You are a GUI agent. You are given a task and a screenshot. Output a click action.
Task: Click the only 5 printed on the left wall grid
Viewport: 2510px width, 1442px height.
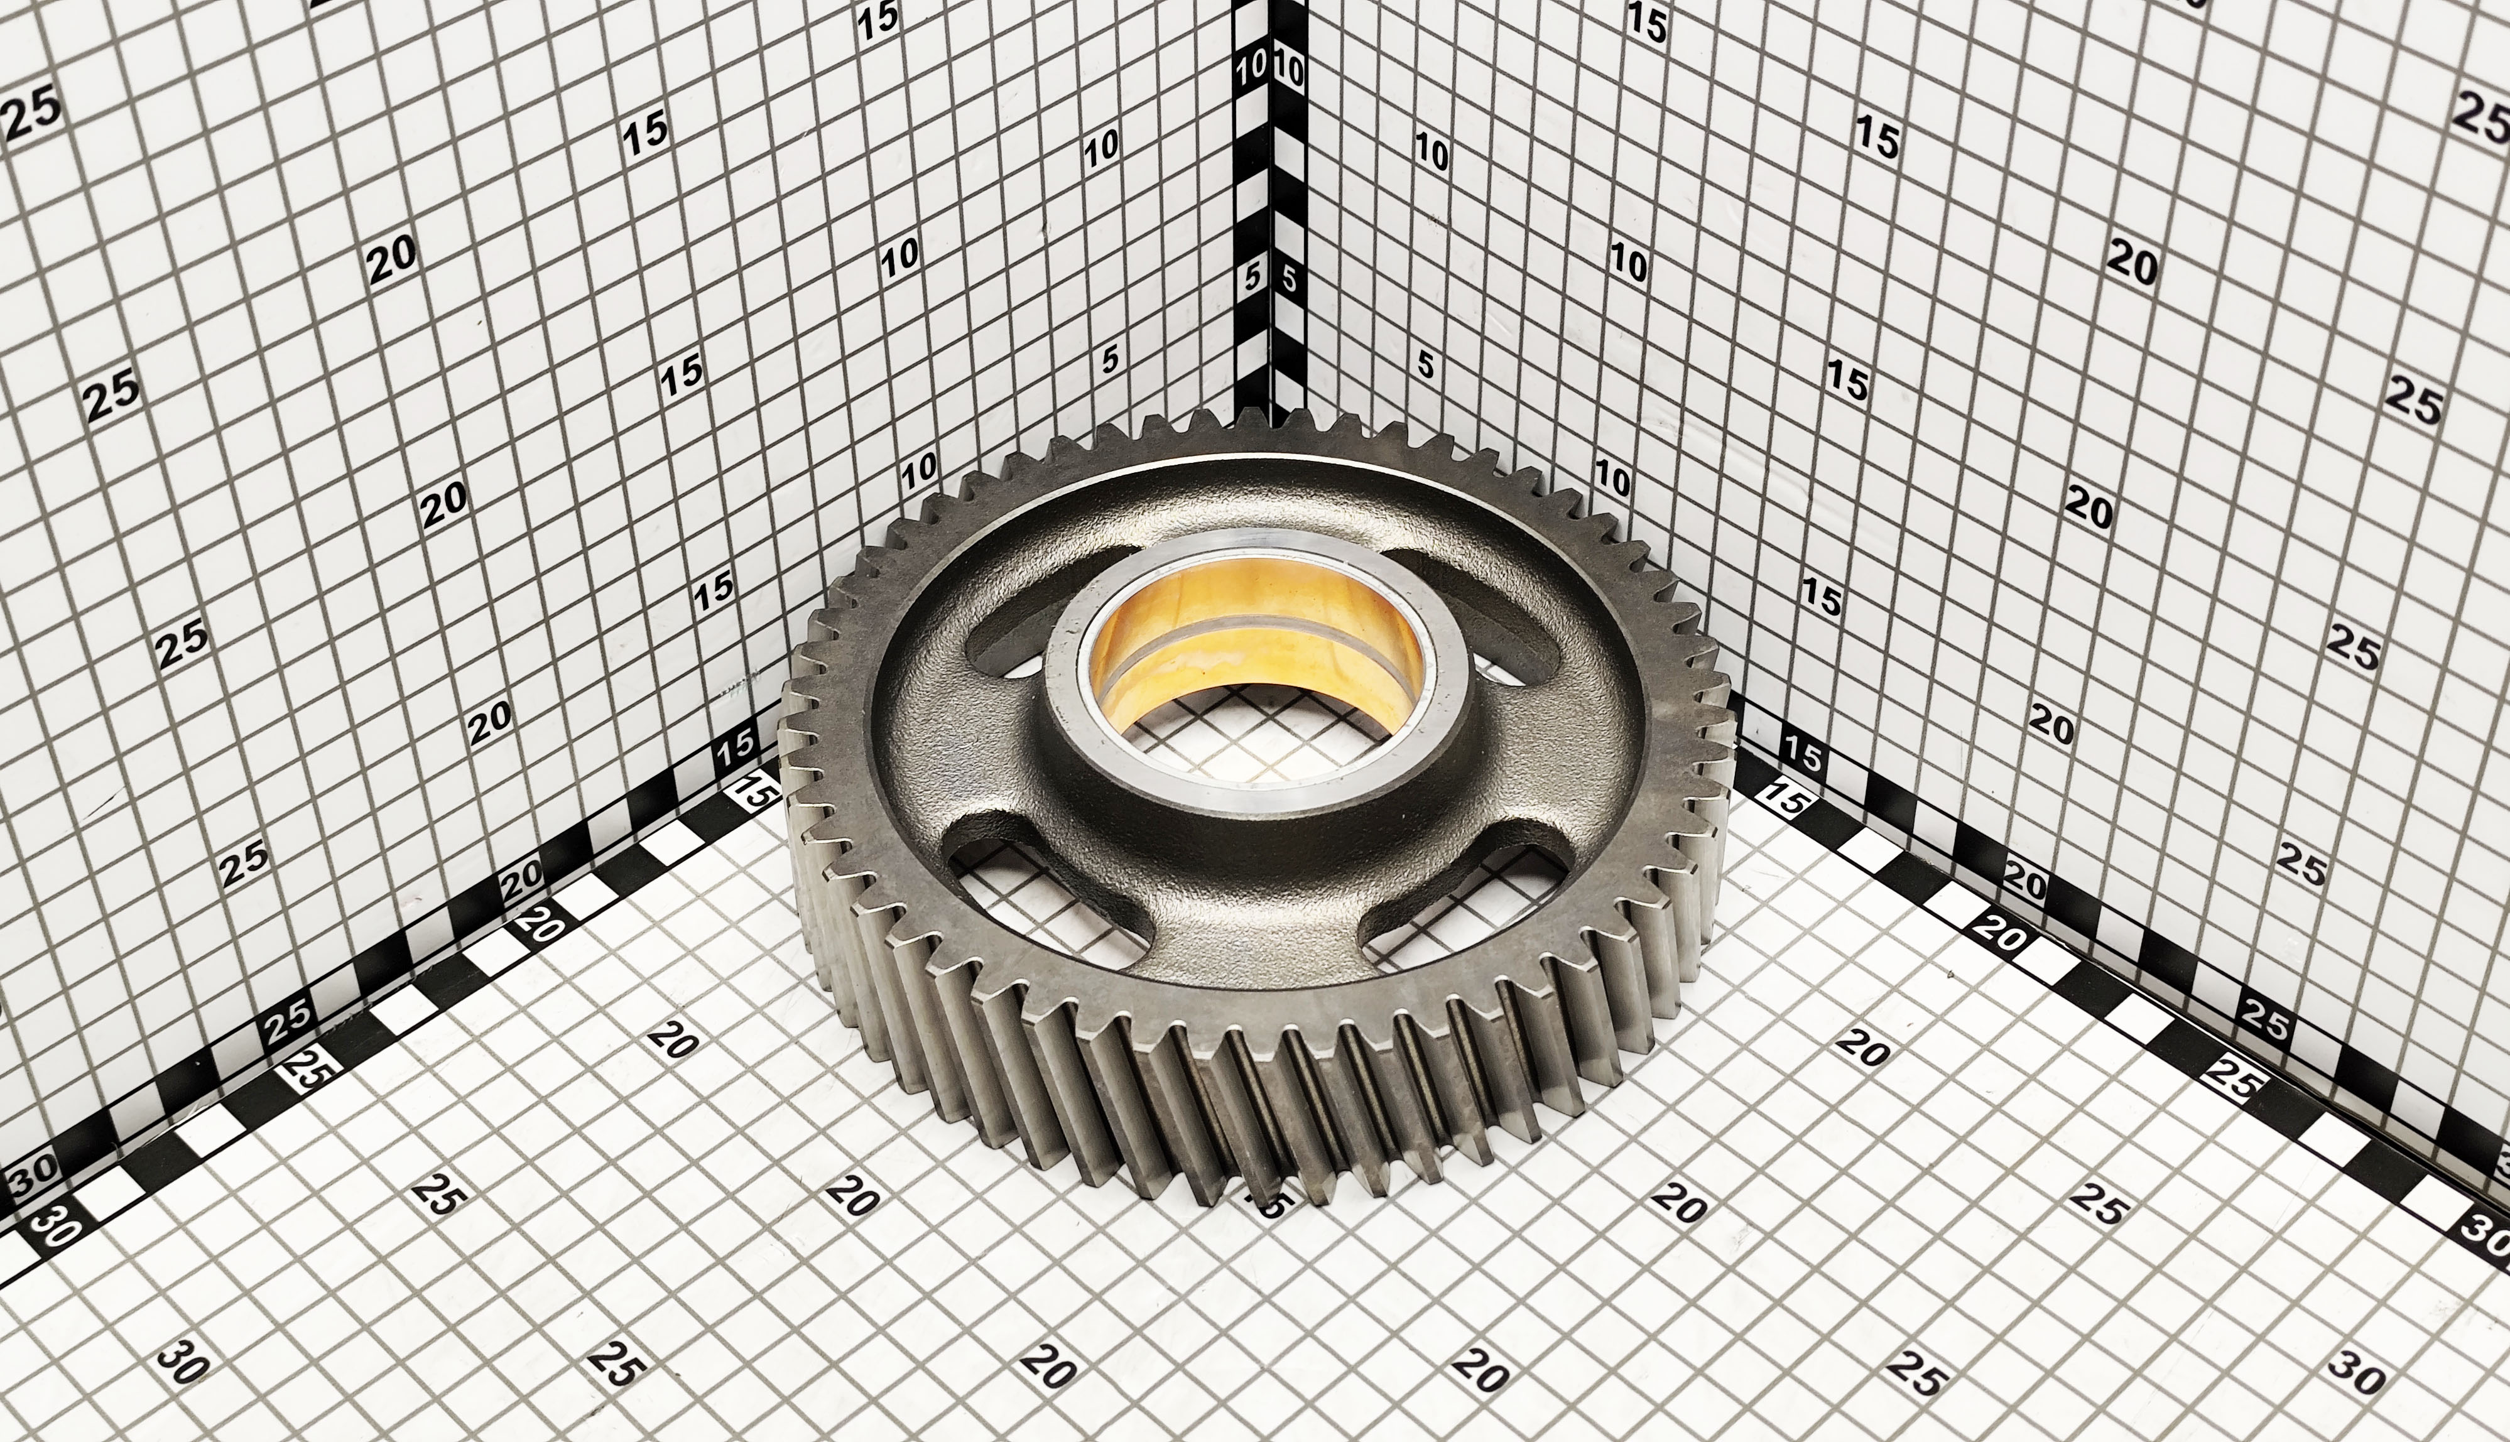point(1109,359)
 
